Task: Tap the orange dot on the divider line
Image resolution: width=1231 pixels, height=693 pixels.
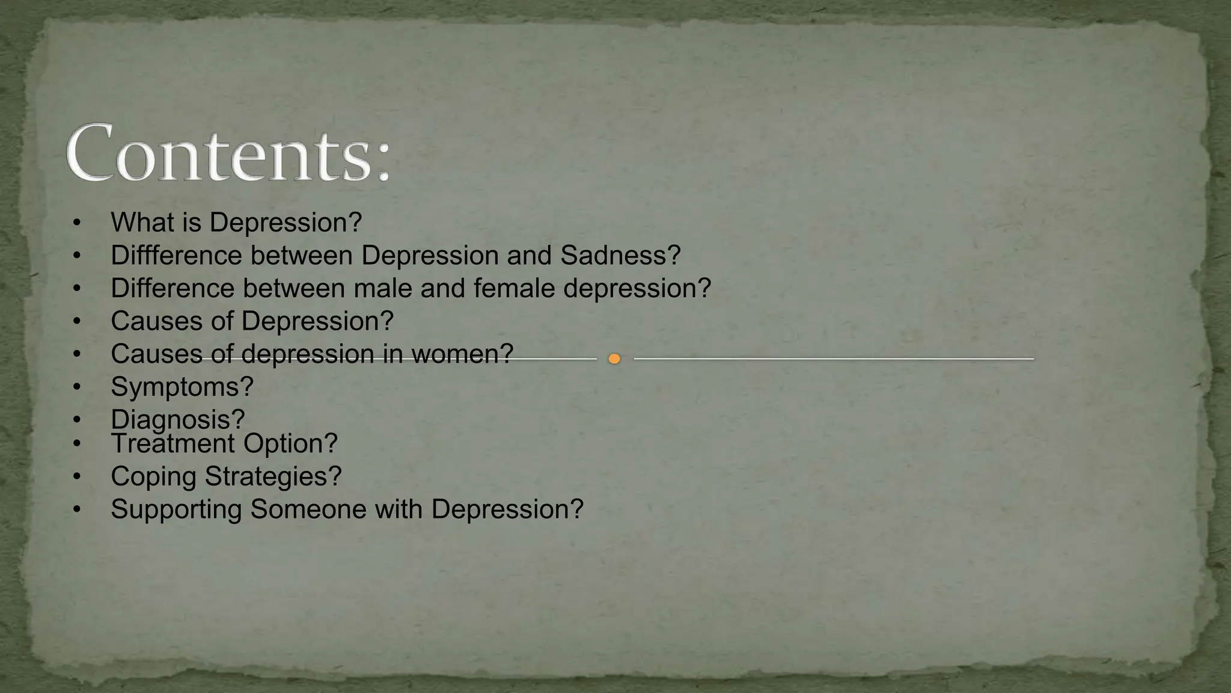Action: coord(614,359)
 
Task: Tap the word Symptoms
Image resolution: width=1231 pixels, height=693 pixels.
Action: coord(176,387)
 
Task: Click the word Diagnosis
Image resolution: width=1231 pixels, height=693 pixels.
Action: coord(172,419)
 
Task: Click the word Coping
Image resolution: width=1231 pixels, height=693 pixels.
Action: coord(153,476)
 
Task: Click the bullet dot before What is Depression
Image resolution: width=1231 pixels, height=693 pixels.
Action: coord(76,223)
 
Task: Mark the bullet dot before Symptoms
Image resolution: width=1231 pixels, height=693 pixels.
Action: coord(76,387)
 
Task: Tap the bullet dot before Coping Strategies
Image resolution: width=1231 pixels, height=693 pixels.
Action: coord(76,477)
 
